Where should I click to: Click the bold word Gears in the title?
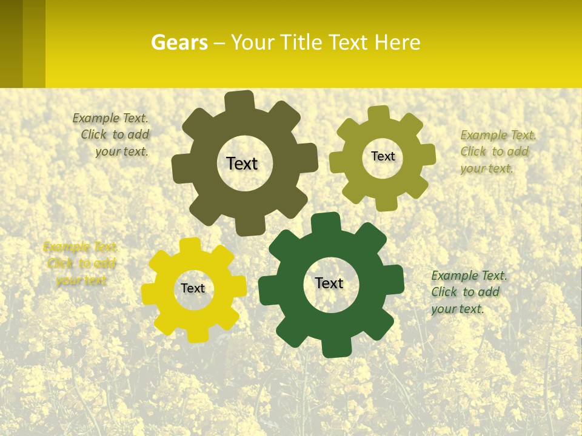point(179,42)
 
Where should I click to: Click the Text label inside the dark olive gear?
point(242,163)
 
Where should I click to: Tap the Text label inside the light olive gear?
point(383,156)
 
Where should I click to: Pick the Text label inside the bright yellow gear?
point(193,288)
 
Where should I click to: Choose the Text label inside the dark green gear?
point(329,283)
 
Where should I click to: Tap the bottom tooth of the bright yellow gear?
point(196,334)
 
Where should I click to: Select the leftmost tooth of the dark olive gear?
point(181,168)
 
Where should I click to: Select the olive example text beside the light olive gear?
point(497,151)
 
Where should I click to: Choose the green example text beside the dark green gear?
point(467,292)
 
